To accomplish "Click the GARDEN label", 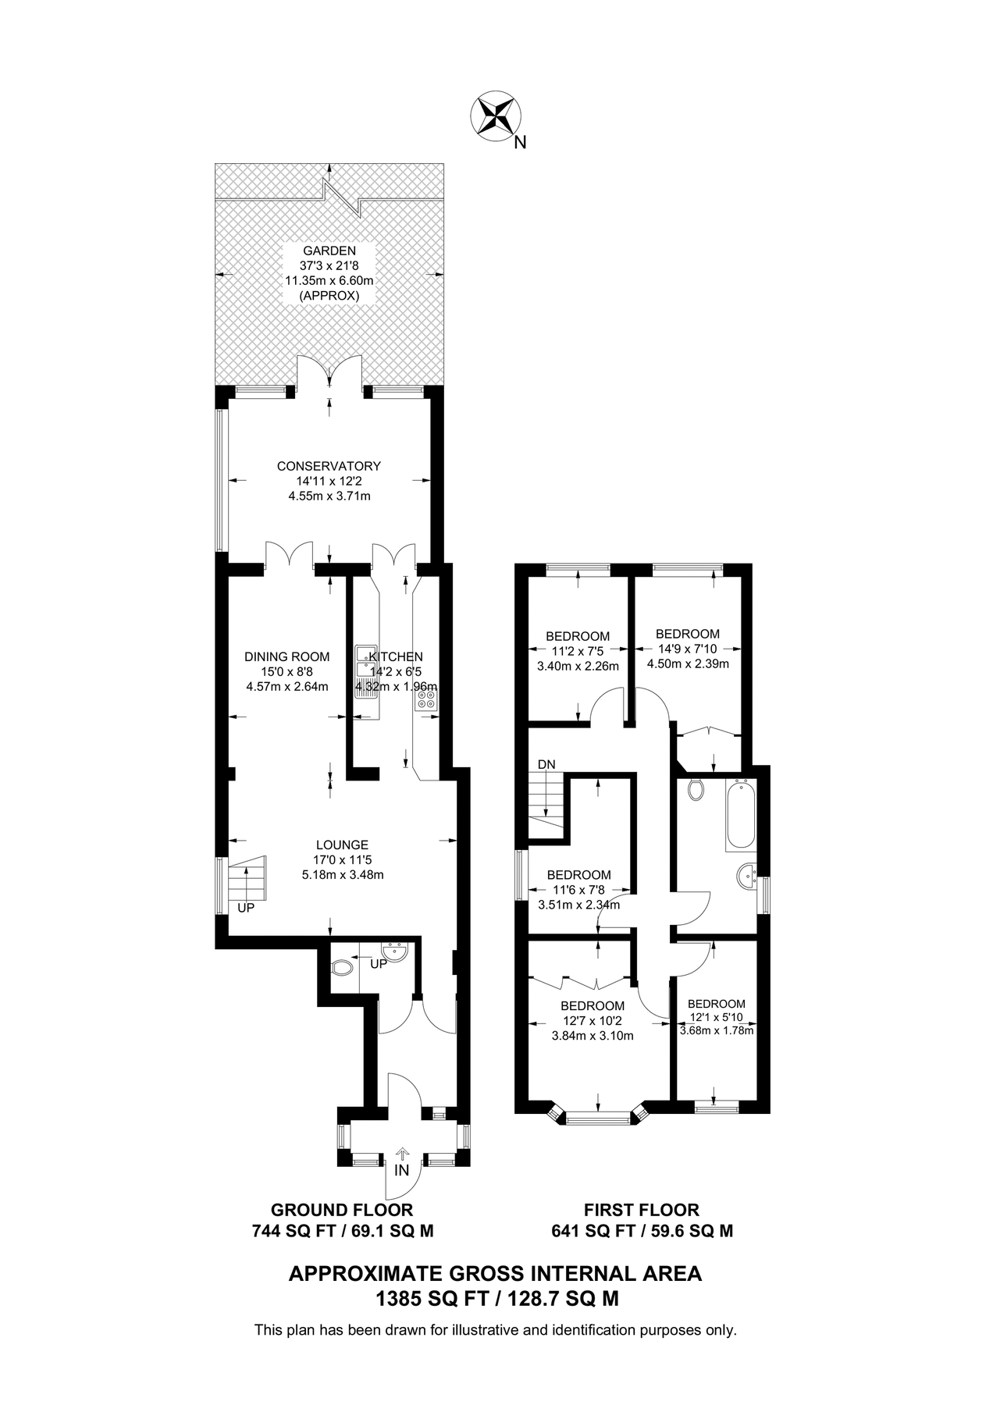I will (x=329, y=251).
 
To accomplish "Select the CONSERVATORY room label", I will (x=329, y=466).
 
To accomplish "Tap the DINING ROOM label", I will (x=287, y=656).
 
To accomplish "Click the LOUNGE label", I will (x=342, y=845).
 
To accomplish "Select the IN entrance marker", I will (x=402, y=1171).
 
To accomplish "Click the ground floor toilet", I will (x=341, y=969).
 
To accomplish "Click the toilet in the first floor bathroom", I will (x=696, y=790).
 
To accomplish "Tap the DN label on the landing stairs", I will (x=546, y=764).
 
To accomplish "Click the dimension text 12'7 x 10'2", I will (x=592, y=1021).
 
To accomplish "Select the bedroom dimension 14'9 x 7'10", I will (x=687, y=649).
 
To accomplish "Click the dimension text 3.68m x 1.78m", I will (x=717, y=1030).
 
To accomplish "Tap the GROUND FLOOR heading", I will (x=342, y=1210).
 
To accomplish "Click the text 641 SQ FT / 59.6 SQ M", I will (x=642, y=1232).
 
